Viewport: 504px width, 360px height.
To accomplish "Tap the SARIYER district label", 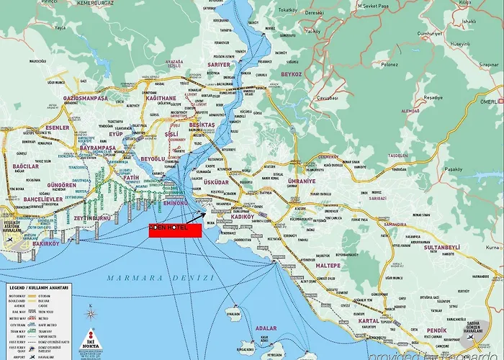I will click(x=219, y=65).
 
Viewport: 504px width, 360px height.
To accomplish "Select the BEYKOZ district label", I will click(x=292, y=74).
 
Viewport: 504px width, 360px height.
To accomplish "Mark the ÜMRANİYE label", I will click(x=301, y=181).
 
